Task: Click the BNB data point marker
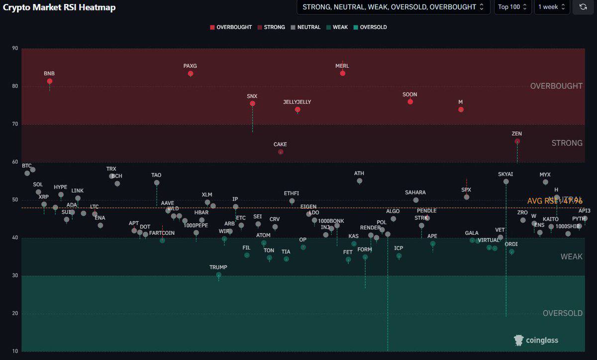50,81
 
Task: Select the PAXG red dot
191,74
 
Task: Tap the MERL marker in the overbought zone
343,73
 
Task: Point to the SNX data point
252,103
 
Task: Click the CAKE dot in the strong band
281,152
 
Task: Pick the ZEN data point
517,141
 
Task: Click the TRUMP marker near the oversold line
218,274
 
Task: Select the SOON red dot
410,101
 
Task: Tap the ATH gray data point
360,181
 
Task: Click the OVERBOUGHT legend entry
231,27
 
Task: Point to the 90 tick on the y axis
15,49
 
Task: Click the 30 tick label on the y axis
15,275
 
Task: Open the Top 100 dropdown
512,7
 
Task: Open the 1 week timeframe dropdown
552,7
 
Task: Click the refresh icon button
583,7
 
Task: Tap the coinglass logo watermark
536,340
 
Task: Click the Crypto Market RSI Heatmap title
59,7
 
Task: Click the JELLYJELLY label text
297,102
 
